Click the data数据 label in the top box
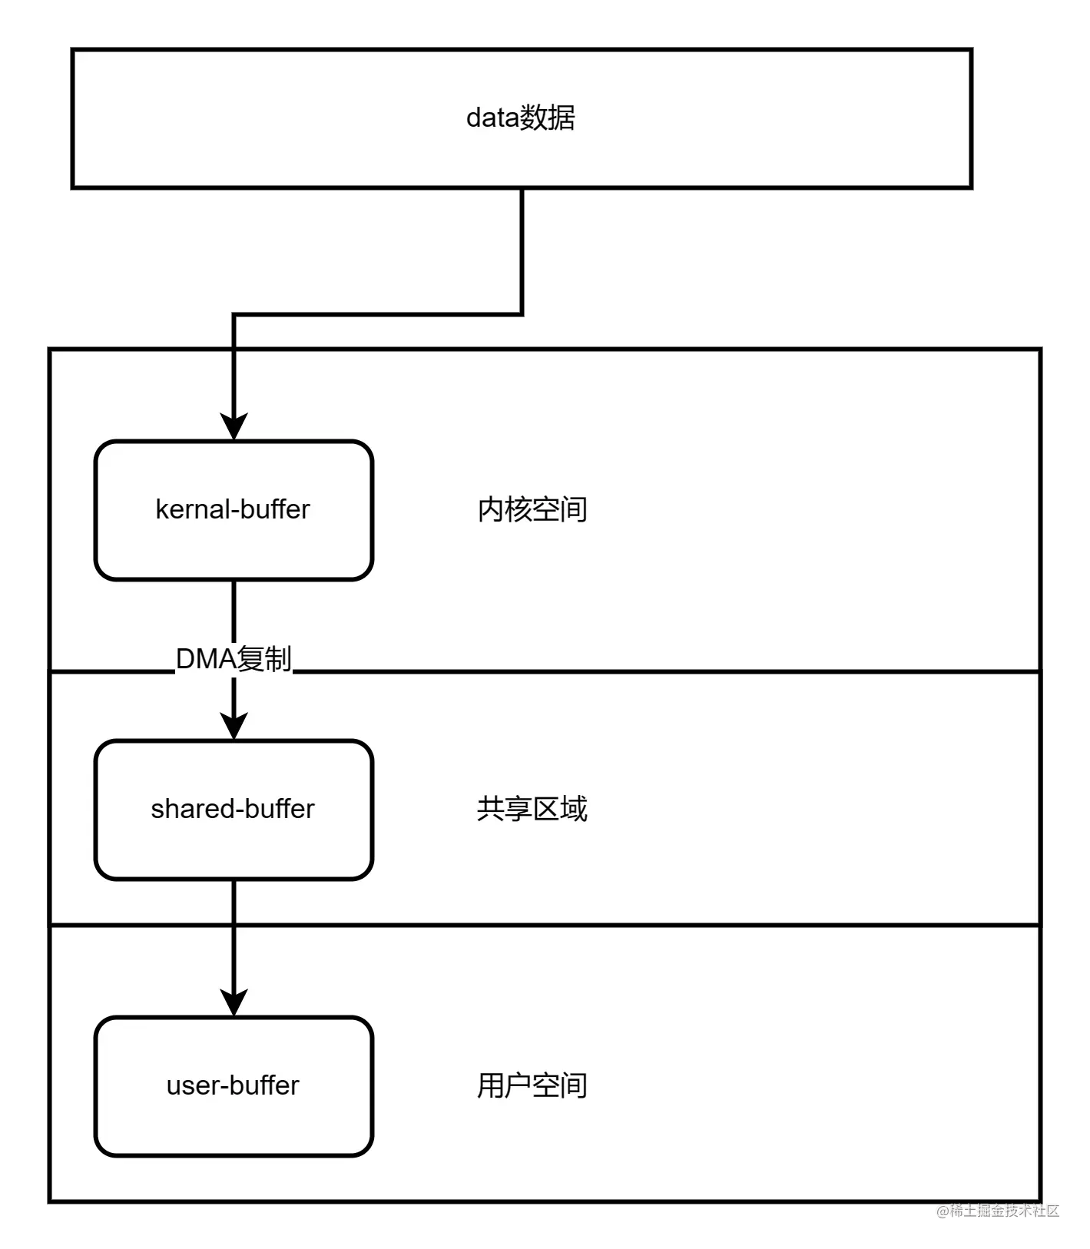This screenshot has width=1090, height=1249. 521,118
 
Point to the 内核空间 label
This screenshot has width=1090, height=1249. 532,510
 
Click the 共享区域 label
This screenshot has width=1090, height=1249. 532,810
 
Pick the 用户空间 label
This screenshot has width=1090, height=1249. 532,1086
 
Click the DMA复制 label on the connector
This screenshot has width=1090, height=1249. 234,659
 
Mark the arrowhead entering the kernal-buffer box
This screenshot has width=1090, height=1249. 234,427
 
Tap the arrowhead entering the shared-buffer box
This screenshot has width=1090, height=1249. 234,726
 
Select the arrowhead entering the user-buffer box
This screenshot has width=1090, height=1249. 234,1002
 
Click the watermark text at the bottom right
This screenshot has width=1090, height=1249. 998,1210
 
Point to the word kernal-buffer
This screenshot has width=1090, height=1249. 233,509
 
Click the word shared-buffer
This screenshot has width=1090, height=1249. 233,809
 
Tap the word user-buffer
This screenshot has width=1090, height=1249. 233,1085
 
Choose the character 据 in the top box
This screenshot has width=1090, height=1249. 562,118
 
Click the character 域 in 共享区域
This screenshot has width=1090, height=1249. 574,810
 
